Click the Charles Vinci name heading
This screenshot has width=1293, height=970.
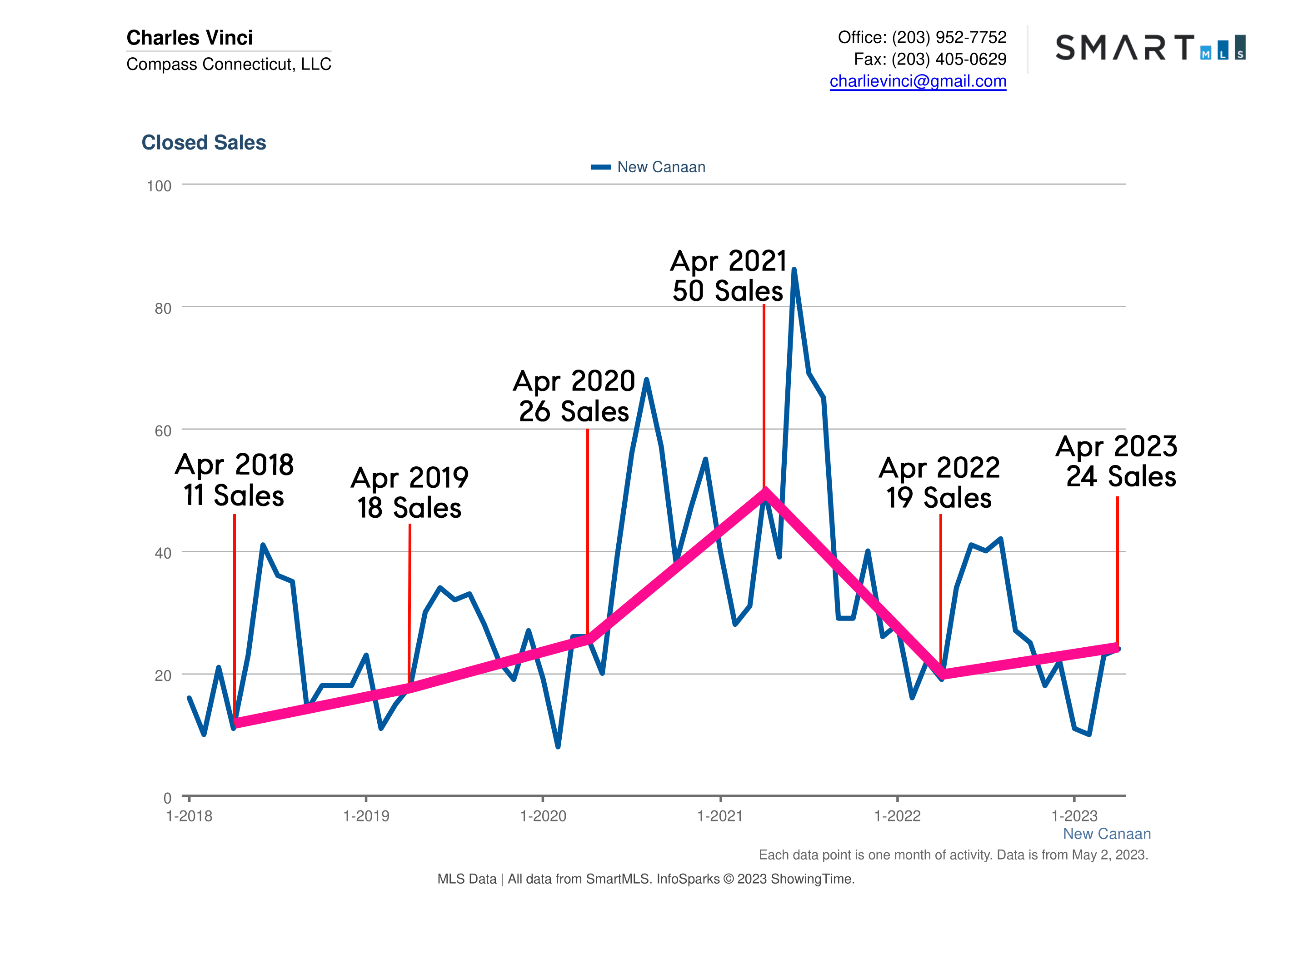click(x=190, y=37)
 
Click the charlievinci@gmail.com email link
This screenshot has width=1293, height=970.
click(x=917, y=81)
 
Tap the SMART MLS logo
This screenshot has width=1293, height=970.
click(x=1149, y=47)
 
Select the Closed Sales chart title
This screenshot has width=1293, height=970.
click(x=204, y=142)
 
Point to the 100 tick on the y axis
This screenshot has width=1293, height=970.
click(x=159, y=186)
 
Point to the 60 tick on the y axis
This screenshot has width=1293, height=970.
click(x=163, y=431)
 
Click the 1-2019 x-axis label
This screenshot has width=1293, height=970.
click(x=366, y=815)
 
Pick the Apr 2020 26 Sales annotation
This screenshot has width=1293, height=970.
click(x=574, y=396)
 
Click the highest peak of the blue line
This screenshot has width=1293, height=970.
click(x=794, y=270)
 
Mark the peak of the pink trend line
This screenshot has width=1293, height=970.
click(x=764, y=492)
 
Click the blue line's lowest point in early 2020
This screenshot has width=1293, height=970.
click(x=558, y=746)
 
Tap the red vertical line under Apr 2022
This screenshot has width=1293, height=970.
click(x=940, y=590)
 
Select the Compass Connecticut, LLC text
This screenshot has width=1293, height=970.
click(x=229, y=64)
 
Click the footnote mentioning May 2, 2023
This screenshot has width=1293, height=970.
click(x=953, y=855)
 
